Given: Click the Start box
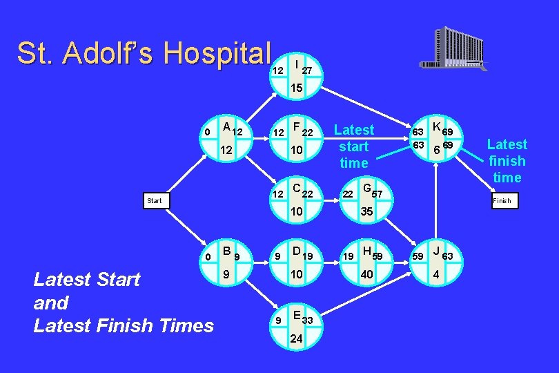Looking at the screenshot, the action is [155, 201].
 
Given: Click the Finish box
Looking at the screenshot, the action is [502, 201].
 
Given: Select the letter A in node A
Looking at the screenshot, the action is [226, 126].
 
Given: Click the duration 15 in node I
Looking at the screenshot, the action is [296, 88].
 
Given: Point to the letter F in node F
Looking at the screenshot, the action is [296, 127].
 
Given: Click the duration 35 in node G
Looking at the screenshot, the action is [366, 214].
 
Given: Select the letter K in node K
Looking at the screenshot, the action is [436, 127].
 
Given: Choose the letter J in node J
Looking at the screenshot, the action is [436, 251].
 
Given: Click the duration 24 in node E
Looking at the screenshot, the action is [296, 339].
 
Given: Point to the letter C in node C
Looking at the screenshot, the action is [296, 187].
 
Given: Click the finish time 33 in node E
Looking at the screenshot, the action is [308, 321].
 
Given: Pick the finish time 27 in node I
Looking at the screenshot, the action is [308, 70].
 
